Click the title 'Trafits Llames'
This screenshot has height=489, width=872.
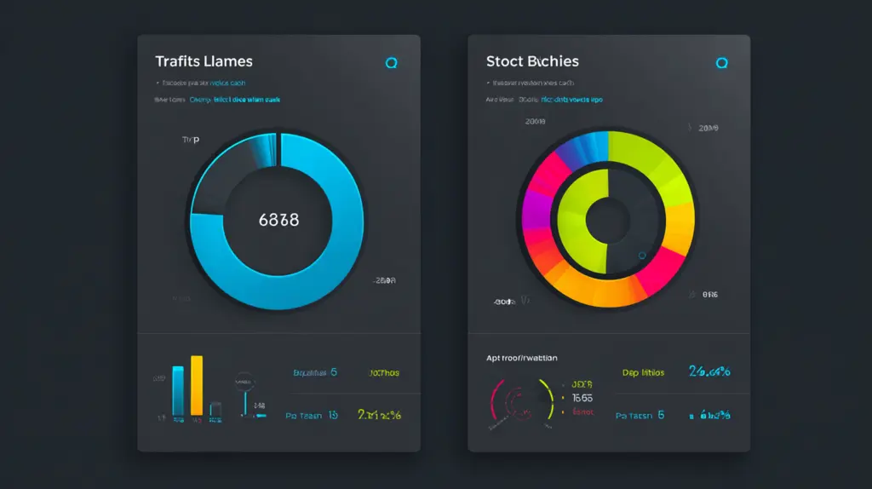[204, 62]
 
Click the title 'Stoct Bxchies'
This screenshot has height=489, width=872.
[532, 61]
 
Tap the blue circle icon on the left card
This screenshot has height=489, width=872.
[392, 62]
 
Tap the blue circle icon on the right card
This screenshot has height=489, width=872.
[722, 62]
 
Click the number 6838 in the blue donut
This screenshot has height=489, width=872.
[278, 220]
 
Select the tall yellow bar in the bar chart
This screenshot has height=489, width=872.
[197, 385]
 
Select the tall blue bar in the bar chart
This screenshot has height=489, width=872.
[178, 390]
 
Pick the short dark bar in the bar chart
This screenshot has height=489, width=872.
[216, 409]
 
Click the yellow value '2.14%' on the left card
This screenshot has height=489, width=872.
[379, 415]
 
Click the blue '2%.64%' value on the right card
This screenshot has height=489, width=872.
[708, 371]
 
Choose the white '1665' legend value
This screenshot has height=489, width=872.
[582, 398]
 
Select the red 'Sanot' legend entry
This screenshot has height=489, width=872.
[582, 411]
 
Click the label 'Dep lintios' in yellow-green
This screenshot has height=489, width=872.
[643, 372]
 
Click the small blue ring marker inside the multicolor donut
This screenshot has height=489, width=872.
[641, 255]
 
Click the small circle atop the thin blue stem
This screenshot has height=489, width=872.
[245, 381]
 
